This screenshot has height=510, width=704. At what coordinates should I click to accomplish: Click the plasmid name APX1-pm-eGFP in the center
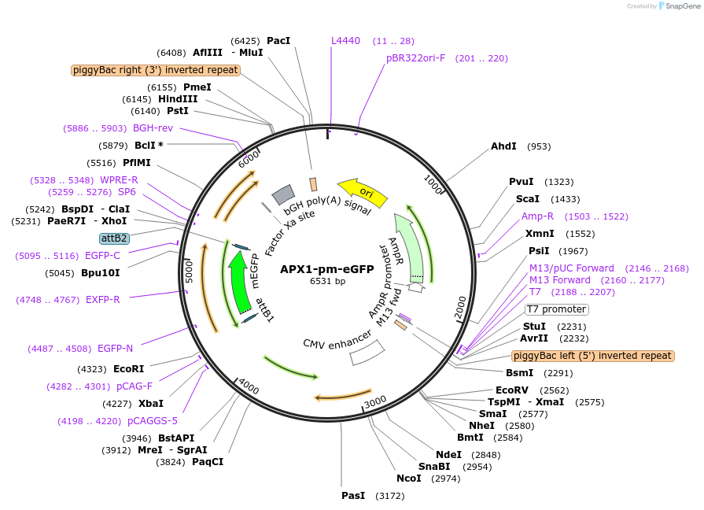326,268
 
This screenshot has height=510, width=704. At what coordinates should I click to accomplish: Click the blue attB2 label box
114,238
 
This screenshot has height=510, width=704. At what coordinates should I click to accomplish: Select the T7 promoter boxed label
556,309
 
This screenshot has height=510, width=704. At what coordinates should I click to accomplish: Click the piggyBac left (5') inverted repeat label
592,356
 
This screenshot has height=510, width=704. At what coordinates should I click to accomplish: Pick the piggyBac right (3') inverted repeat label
156,70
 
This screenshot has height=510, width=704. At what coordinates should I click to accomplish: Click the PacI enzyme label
278,40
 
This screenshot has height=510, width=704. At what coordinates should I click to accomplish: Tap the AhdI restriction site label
503,146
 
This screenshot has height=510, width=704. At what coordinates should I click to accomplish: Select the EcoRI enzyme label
129,369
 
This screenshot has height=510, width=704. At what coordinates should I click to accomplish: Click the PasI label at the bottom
353,496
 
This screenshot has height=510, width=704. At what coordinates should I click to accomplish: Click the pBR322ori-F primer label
415,58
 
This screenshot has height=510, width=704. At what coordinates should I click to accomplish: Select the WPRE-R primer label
119,180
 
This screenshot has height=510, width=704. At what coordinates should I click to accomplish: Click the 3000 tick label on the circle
375,401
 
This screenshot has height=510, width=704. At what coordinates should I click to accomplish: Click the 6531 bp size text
327,281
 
